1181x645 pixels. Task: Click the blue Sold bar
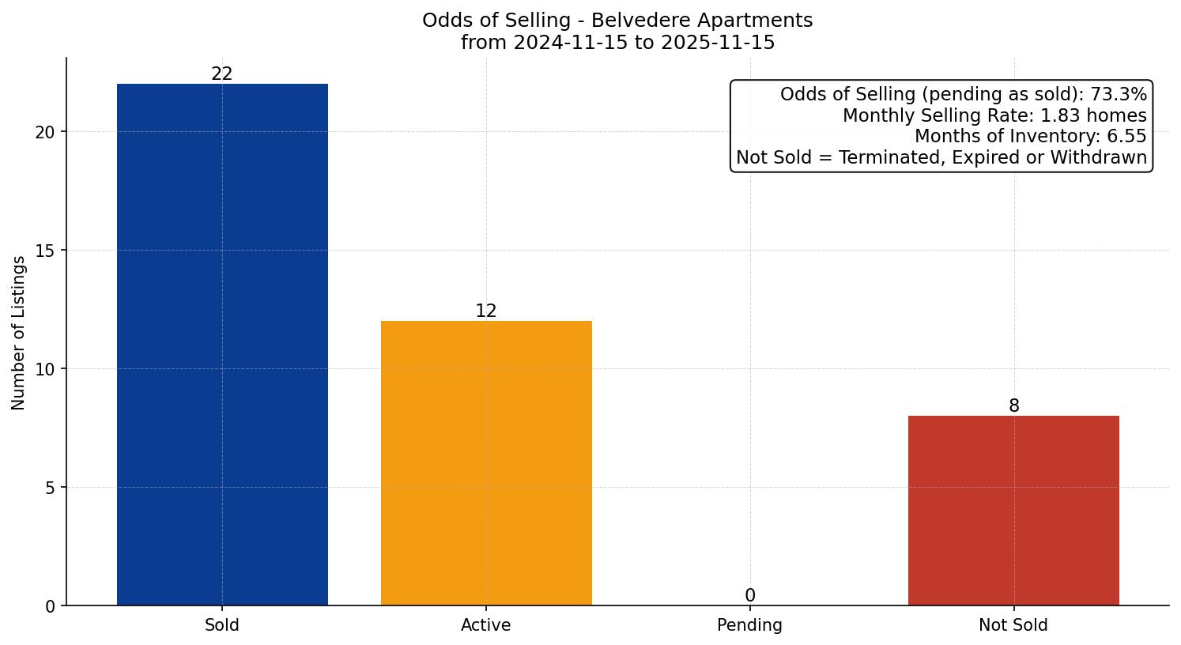tap(222, 345)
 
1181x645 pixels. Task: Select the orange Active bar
tap(486, 463)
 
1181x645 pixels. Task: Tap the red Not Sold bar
tap(1013, 511)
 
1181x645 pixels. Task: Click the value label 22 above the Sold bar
tap(222, 74)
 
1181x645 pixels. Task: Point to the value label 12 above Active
tap(486, 311)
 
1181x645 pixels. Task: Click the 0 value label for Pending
tap(749, 595)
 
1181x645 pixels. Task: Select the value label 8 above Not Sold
tap(1013, 405)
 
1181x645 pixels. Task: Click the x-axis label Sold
tap(222, 625)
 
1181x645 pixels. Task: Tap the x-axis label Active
tap(486, 625)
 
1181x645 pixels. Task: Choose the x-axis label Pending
tap(749, 625)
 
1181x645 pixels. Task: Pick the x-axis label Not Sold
tap(1013, 625)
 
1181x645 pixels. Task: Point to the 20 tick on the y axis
tap(45, 132)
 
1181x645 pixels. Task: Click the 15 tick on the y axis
tap(45, 251)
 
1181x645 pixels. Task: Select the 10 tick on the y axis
tap(45, 369)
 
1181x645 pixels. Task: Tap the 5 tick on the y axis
tap(50, 488)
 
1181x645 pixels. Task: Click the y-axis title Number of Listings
tap(19, 333)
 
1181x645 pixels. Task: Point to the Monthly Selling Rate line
tap(994, 115)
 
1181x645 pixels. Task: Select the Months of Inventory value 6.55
tap(1128, 136)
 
